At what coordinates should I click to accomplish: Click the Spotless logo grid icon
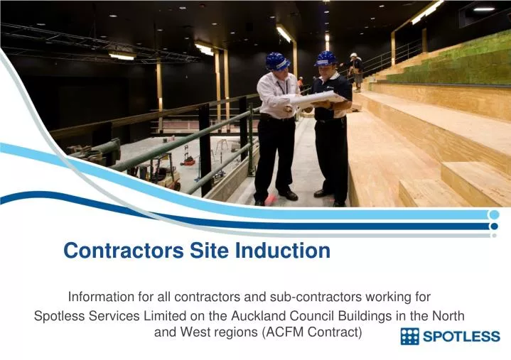pos(410,337)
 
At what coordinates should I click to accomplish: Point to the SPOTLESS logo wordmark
pos(462,337)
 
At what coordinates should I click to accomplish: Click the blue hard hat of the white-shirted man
pos(276,61)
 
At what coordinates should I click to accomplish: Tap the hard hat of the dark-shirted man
pos(326,58)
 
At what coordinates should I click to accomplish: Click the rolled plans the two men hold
pos(316,99)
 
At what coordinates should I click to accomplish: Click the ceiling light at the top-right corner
pos(484,9)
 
